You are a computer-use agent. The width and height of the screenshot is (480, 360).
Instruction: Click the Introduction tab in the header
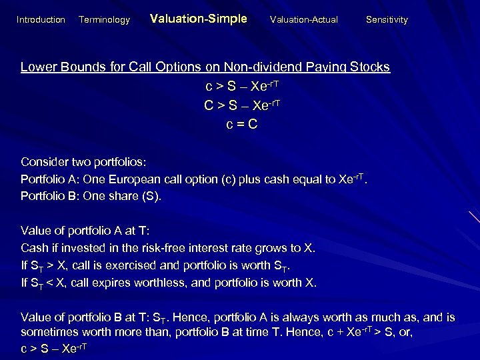point(41,20)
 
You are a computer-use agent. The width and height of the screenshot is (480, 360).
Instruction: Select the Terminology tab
point(104,20)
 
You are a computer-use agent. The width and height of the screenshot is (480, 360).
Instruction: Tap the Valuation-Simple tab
point(198,19)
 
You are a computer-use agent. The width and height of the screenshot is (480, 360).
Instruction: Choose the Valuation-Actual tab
point(303,20)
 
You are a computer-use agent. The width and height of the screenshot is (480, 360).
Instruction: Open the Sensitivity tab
point(387,20)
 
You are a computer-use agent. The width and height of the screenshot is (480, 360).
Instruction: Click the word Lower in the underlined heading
point(37,67)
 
